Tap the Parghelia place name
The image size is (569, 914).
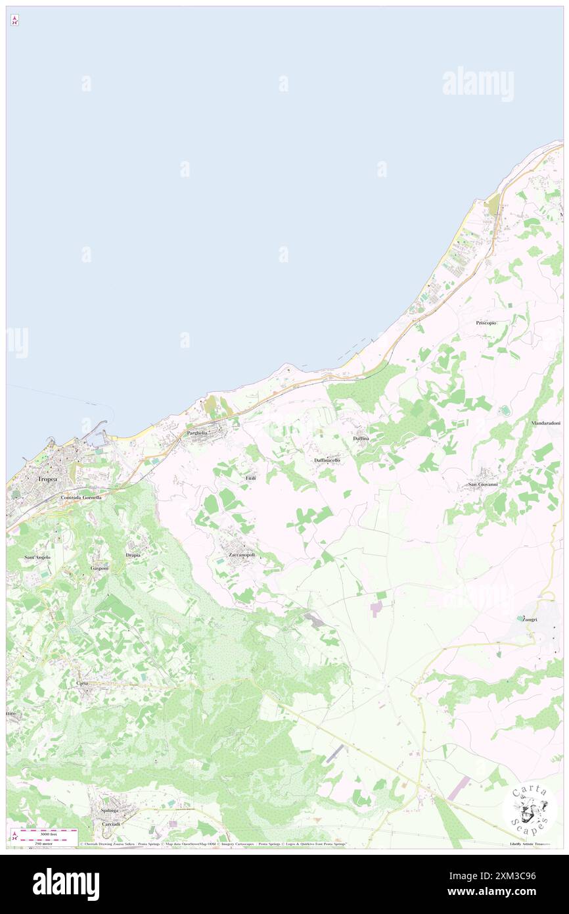click(197, 433)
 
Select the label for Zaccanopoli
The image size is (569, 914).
click(242, 555)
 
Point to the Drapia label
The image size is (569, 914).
click(133, 555)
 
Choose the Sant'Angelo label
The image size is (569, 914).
click(37, 557)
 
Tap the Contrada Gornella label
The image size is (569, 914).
click(81, 498)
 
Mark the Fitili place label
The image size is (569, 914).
click(251, 477)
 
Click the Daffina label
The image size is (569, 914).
click(361, 438)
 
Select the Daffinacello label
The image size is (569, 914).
click(327, 460)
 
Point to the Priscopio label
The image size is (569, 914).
click(486, 323)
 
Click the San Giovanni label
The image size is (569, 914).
click(482, 485)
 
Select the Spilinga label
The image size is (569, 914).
click(110, 810)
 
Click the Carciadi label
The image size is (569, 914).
click(110, 824)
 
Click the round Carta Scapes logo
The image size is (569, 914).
click(529, 808)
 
